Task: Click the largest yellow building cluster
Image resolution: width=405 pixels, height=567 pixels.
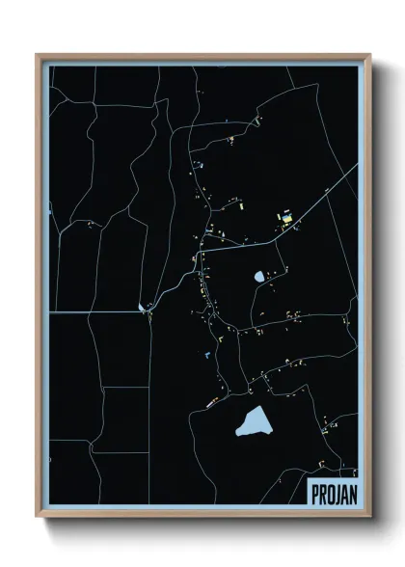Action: click(x=285, y=216)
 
